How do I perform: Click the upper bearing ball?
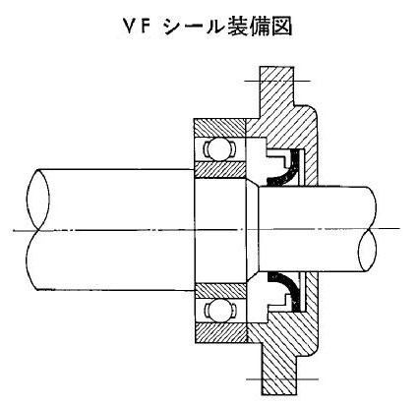click(x=217, y=149)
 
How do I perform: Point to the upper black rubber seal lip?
click(x=288, y=170)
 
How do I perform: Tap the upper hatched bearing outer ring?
click(x=219, y=128)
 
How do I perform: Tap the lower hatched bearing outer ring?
click(x=220, y=332)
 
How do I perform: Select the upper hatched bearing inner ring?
click(x=219, y=169)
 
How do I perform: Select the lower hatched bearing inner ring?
click(x=220, y=291)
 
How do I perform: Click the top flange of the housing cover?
click(x=276, y=87)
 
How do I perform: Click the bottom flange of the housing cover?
click(x=279, y=374)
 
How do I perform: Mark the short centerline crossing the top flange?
click(x=277, y=81)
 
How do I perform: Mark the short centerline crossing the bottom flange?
click(x=282, y=379)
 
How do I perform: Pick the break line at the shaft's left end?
click(x=37, y=229)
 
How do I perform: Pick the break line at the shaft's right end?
click(x=368, y=229)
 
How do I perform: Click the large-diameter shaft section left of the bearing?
click(x=115, y=229)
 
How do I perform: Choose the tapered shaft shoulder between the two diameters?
click(x=253, y=229)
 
